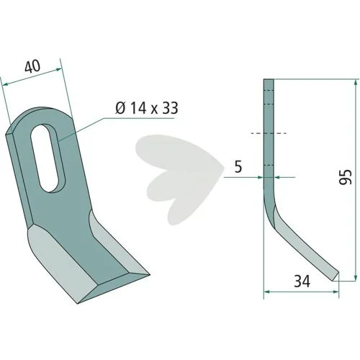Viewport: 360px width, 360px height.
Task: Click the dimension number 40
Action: tap(32, 66)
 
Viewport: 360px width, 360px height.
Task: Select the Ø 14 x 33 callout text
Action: tap(147, 108)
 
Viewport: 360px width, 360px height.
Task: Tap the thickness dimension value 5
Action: tap(238, 167)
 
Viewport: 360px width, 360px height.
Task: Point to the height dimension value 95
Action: tap(346, 177)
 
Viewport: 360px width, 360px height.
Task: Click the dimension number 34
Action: tap(302, 281)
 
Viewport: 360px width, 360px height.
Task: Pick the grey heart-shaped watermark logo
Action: tap(180, 179)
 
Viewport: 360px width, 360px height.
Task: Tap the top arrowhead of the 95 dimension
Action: tap(355, 83)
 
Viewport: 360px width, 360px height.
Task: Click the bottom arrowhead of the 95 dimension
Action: tap(355, 277)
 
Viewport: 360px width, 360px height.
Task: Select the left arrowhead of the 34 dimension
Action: tap(267, 292)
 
